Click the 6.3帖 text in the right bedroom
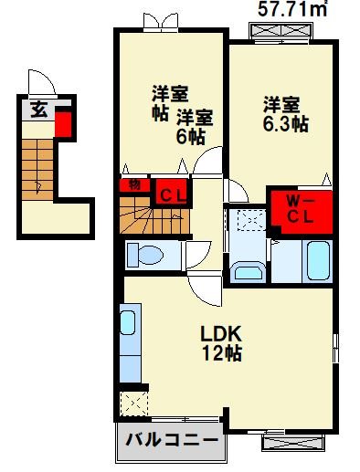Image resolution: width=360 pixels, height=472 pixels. [285, 122]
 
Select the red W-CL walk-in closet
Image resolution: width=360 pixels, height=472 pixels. [295, 210]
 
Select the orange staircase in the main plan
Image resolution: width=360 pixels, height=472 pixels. [150, 220]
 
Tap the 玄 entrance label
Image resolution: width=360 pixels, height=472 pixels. [39, 111]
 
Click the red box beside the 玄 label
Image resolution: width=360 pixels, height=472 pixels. [64, 121]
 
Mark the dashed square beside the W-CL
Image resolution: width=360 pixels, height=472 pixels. [245, 221]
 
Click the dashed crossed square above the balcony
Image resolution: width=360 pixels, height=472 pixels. [133, 403]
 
